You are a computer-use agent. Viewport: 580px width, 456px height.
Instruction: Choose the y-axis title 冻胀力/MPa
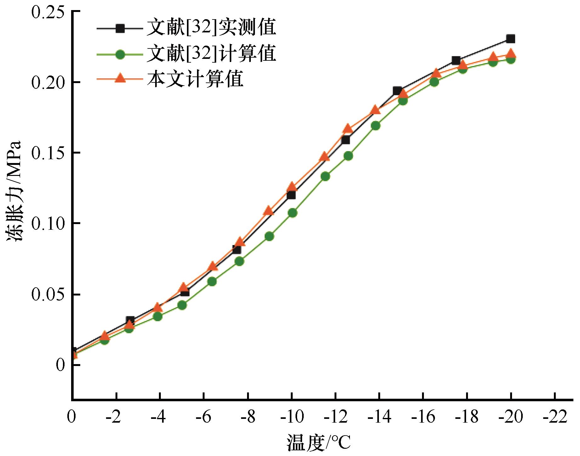coord(14,195)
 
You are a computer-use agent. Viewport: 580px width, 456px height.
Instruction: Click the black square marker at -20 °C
coord(510,39)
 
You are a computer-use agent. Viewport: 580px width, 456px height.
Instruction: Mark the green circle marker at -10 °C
coord(292,213)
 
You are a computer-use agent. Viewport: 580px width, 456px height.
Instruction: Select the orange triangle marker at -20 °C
coord(511,53)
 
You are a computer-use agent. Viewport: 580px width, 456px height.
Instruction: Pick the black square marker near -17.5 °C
coord(456,60)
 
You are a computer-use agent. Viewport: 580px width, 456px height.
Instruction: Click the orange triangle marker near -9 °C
coord(268,210)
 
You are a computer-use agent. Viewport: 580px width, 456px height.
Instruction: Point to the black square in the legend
coord(120,28)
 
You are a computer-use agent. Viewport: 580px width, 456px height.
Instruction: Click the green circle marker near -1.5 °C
coord(105,340)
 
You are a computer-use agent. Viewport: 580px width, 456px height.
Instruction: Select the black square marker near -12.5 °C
coord(345,140)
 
